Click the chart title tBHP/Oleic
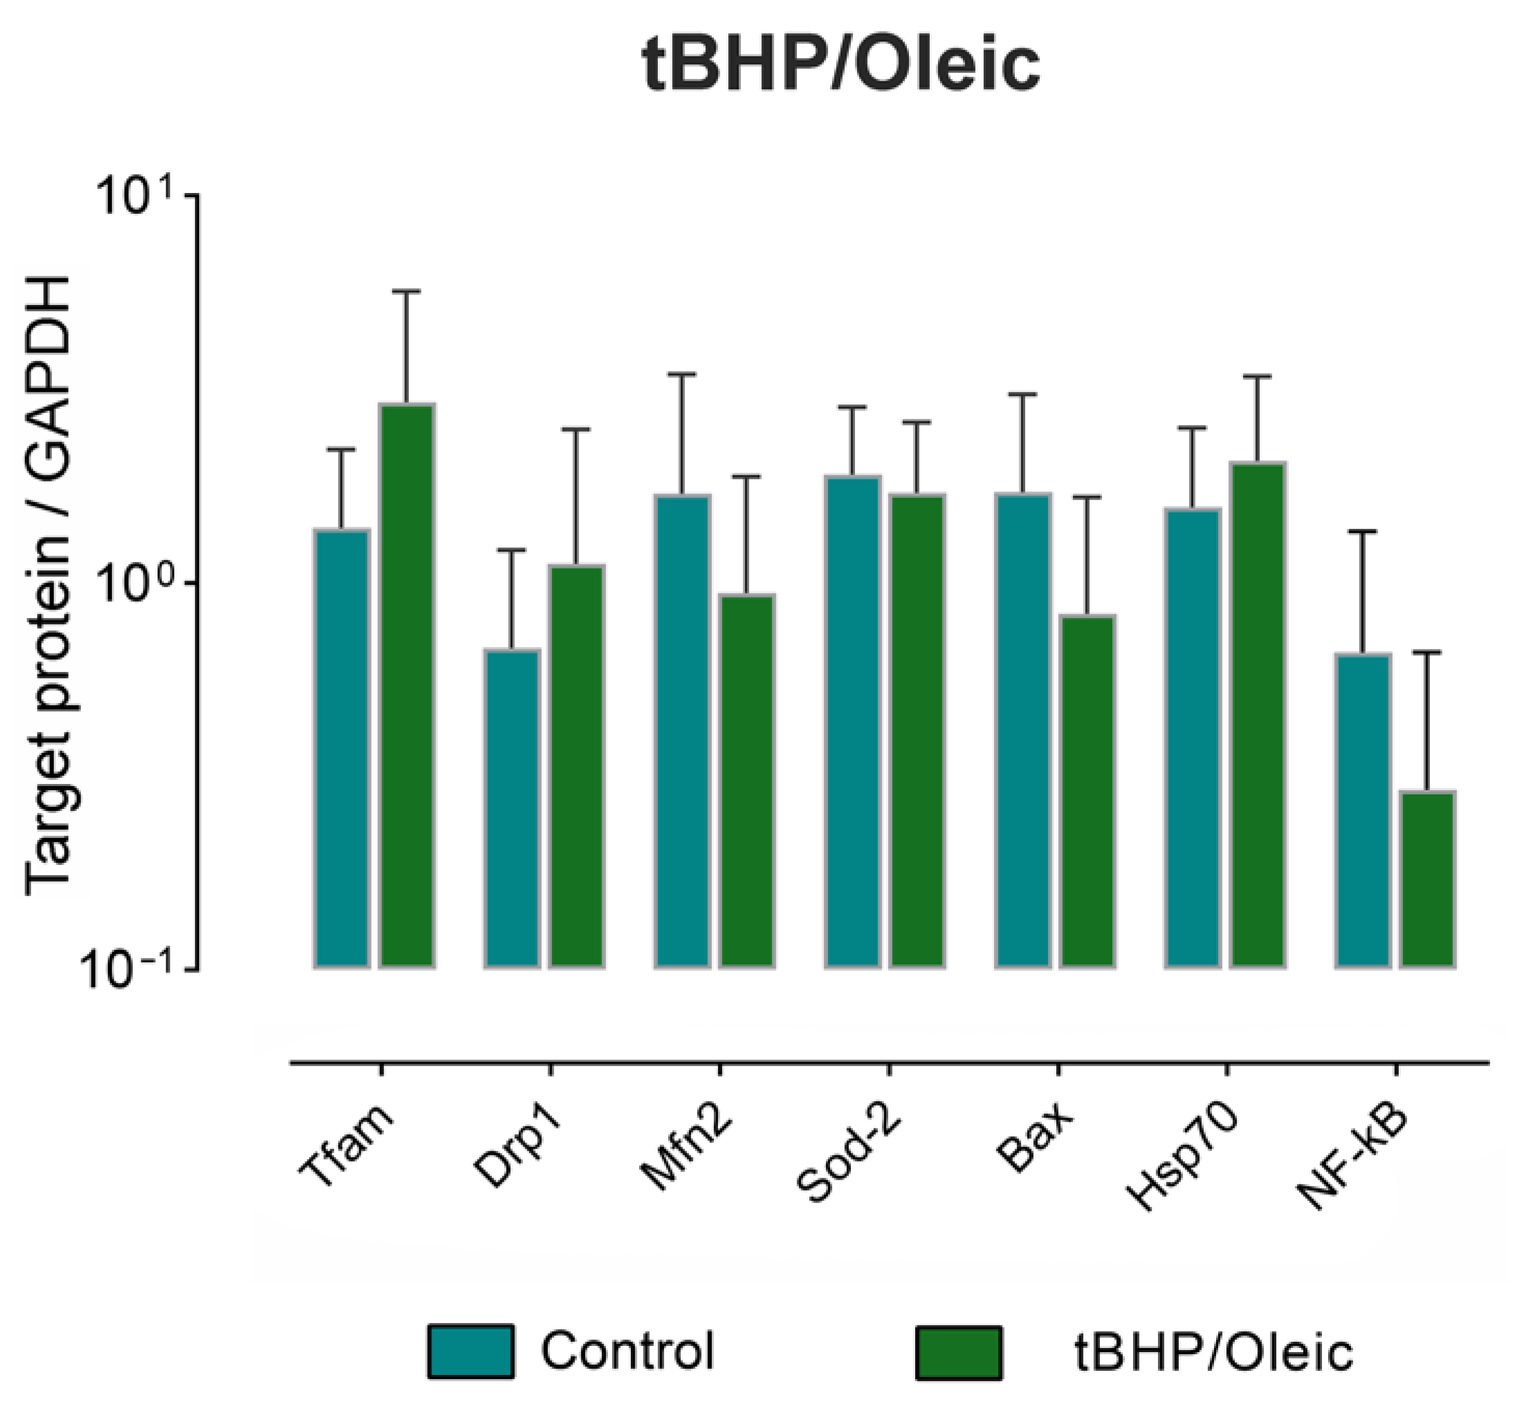click(x=841, y=66)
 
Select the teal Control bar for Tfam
click(x=342, y=748)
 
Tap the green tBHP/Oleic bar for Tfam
click(x=406, y=686)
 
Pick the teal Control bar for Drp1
click(x=512, y=808)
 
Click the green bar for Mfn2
click(x=747, y=781)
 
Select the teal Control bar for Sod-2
click(x=853, y=722)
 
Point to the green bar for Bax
click(x=1087, y=791)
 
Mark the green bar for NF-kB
click(x=1427, y=879)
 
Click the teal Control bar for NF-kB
click(x=1363, y=810)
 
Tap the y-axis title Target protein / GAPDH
click(x=49, y=585)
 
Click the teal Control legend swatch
click(x=470, y=1351)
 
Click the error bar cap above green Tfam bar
click(x=406, y=291)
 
